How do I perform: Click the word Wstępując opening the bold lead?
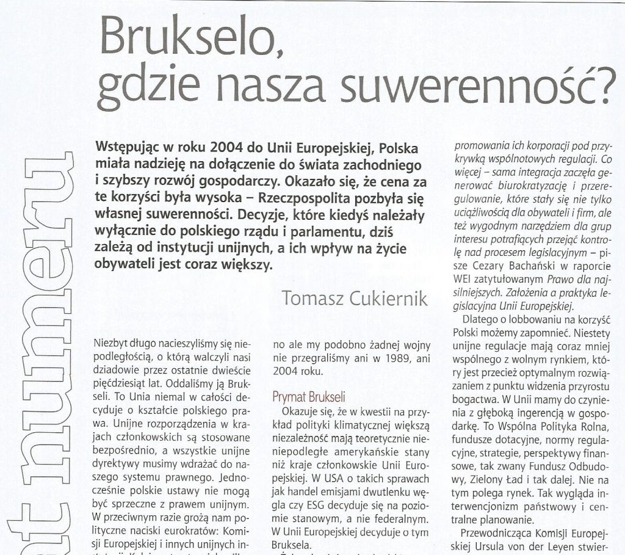coord(127,148)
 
